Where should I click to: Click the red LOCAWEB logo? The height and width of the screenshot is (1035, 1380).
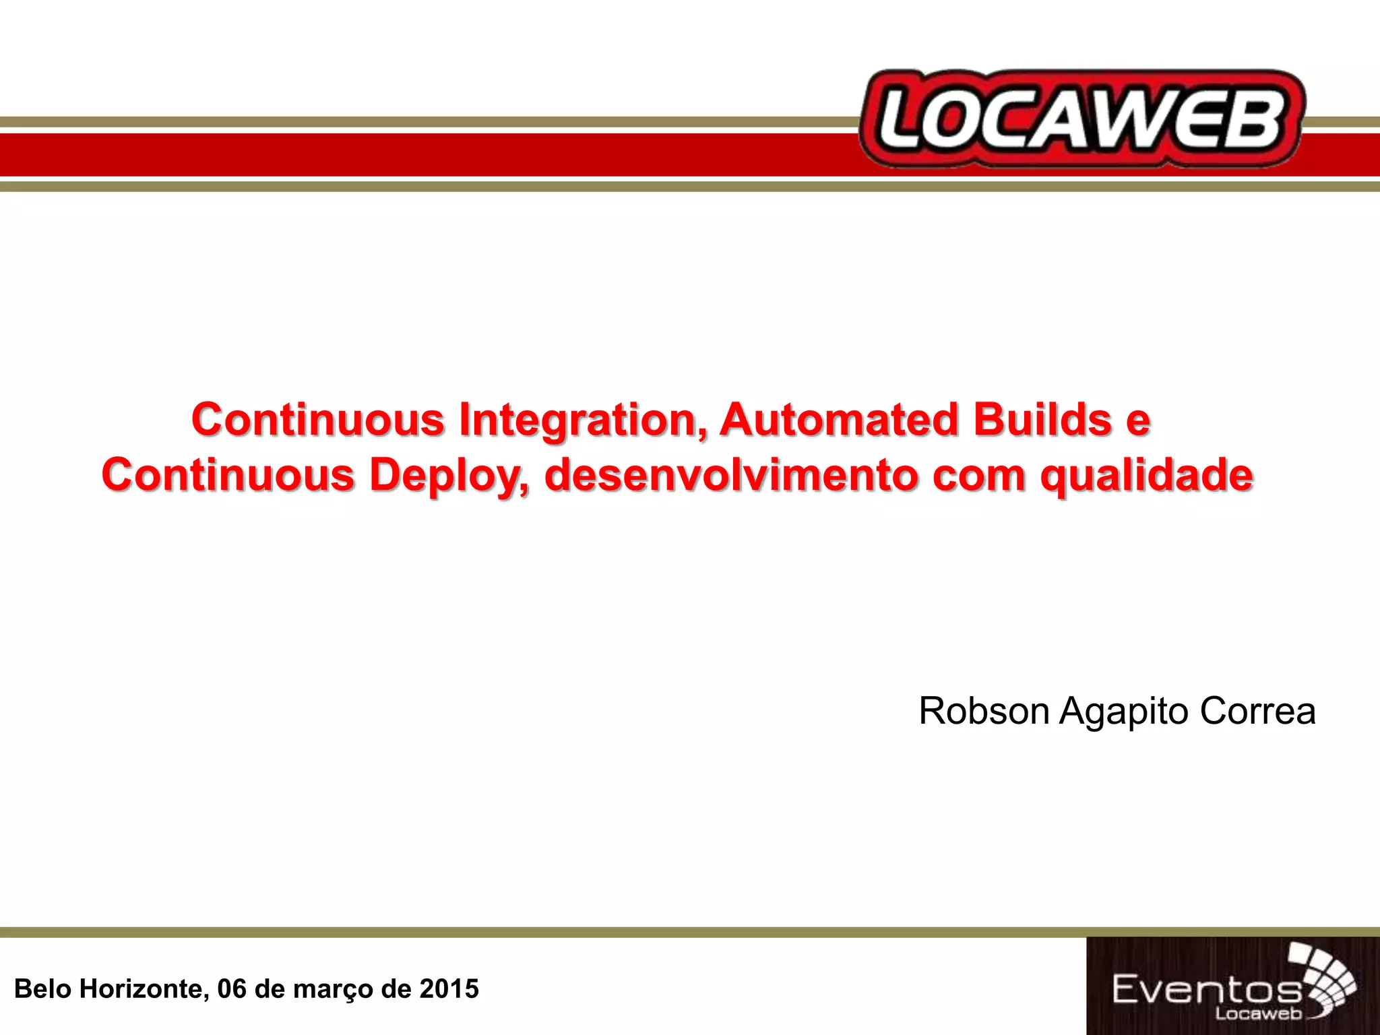[x=1082, y=119]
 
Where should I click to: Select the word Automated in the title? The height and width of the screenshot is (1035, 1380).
[x=838, y=418]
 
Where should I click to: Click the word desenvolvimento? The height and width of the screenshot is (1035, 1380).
[x=732, y=475]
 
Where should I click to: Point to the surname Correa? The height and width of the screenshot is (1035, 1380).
[x=1257, y=711]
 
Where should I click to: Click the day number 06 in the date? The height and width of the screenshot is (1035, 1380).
[x=232, y=989]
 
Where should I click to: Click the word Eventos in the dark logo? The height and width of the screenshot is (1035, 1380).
[x=1206, y=989]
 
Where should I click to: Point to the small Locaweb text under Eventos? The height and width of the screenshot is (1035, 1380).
[x=1258, y=1013]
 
